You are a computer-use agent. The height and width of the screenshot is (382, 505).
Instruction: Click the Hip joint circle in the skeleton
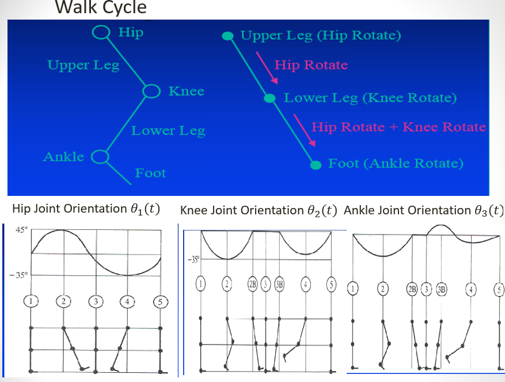point(101,33)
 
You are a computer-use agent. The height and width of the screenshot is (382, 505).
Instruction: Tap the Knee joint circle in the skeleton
point(151,91)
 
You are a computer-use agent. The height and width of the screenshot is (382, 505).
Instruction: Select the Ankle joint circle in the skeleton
point(101,156)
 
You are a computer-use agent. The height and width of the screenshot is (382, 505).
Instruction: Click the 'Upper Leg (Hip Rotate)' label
point(320,36)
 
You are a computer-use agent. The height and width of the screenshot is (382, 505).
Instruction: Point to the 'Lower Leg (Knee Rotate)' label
point(370,98)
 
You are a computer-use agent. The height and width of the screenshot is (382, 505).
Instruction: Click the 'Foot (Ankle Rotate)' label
point(396,164)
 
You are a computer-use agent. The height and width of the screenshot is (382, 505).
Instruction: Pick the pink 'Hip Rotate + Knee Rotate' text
point(398,127)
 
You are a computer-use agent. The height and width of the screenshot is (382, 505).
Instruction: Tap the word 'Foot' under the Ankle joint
point(150,173)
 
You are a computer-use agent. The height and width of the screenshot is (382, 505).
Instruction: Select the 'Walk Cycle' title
point(100,7)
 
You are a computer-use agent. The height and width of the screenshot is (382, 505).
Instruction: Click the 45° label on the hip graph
point(21,230)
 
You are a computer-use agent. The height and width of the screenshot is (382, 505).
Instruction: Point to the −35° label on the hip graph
point(18,275)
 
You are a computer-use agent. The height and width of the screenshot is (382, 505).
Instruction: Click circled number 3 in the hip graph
point(96,301)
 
